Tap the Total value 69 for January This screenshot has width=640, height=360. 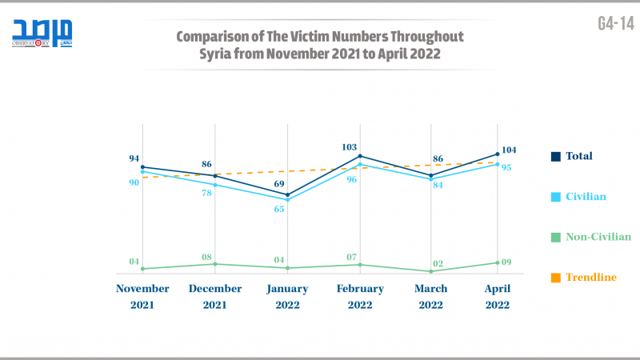[x=279, y=184]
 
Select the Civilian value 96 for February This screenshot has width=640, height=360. [x=351, y=179]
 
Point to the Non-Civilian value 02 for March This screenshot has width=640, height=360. [x=439, y=263]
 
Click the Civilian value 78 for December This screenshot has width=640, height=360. [x=206, y=194]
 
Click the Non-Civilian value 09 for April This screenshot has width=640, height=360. [x=506, y=262]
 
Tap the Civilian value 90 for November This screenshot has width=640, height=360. [x=134, y=182]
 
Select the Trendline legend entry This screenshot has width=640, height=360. [x=591, y=277]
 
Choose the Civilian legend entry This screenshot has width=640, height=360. [x=586, y=196]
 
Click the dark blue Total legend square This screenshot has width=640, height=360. [x=555, y=156]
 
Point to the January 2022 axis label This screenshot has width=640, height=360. [x=286, y=296]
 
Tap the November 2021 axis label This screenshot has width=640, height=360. [x=142, y=296]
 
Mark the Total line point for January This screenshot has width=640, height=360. [x=287, y=194]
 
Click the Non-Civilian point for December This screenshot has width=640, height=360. [x=214, y=264]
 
